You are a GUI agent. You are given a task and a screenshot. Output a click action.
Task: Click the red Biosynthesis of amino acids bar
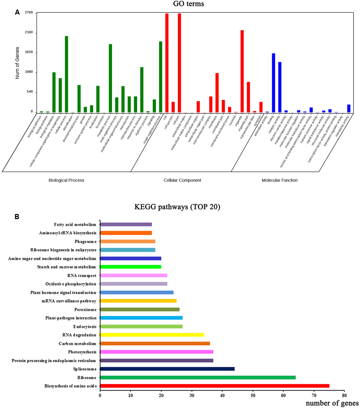215,386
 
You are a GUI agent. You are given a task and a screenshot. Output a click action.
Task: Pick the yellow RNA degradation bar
152,335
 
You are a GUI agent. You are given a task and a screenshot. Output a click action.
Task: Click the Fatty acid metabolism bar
126,224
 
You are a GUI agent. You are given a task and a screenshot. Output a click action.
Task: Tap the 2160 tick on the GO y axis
29,33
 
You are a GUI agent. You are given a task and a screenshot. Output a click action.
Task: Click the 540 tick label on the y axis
30,92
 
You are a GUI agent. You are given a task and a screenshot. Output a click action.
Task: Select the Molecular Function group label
279,180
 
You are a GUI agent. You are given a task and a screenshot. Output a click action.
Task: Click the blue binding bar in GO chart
273,83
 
